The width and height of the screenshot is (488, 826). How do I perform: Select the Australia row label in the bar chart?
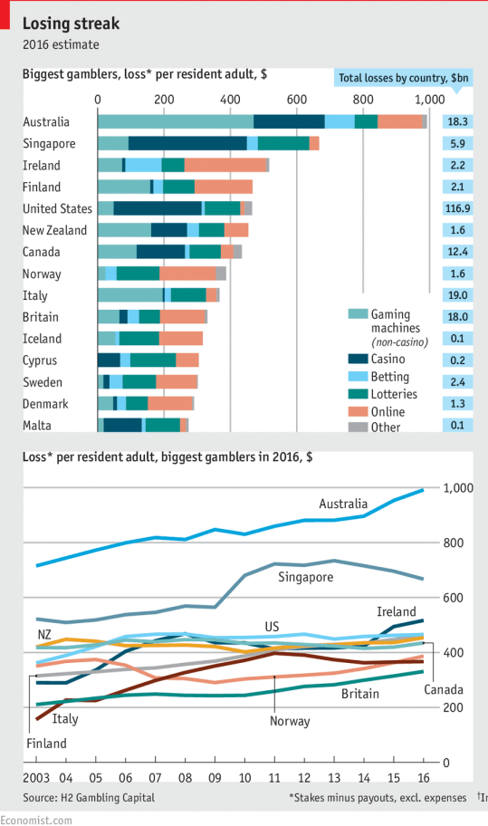(x=46, y=122)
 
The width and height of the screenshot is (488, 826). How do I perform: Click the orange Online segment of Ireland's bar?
(x=225, y=165)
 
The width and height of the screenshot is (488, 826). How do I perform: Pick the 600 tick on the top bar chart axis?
(x=297, y=100)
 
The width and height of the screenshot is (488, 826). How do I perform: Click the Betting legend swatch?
(x=358, y=377)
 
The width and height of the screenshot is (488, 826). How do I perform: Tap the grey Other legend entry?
(x=386, y=427)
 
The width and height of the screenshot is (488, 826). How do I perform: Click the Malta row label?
(x=38, y=426)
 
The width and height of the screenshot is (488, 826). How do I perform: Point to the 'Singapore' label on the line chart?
(x=306, y=577)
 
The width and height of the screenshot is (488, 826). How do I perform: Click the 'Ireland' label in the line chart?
(x=397, y=612)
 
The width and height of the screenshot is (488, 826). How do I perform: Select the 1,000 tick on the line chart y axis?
(x=458, y=488)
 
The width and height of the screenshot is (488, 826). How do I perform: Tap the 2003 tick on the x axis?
(x=36, y=778)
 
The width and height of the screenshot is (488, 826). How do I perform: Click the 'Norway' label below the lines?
(x=290, y=722)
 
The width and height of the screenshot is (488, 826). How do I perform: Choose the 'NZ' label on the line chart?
(x=44, y=633)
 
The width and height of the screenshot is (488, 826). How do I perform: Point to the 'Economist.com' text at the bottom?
(x=35, y=819)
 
